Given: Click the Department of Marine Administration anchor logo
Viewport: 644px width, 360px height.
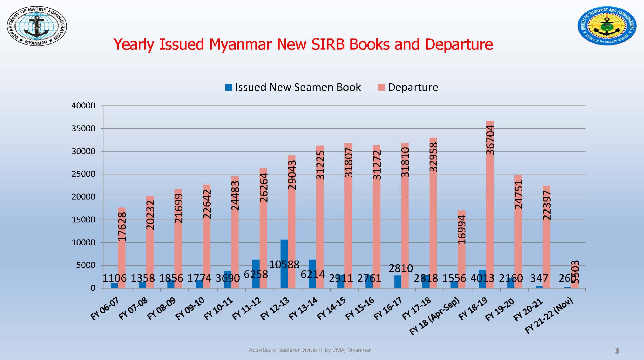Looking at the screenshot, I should coord(37,26).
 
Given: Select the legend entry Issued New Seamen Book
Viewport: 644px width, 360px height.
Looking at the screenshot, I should coord(293,87).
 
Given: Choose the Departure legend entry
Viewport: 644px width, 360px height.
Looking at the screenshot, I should coord(408,87).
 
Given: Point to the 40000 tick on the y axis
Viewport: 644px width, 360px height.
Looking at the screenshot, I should coord(84,106).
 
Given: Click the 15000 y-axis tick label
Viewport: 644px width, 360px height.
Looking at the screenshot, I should coord(84,220).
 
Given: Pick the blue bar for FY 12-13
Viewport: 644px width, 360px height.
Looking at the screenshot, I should coord(284,264).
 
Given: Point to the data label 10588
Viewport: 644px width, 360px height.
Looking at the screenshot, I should coord(284,264).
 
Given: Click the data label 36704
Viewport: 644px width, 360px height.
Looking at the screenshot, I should coord(491,140).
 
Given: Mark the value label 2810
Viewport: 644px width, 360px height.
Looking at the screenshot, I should coord(401,268).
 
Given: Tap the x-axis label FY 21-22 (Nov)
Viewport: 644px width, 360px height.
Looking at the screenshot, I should coord(549,315).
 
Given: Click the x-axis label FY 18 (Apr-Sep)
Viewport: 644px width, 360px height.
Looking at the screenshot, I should coord(435,316).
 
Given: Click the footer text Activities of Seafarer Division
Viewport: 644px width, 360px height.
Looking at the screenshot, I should coord(285,350).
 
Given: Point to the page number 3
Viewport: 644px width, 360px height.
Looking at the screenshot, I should coord(617,351).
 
